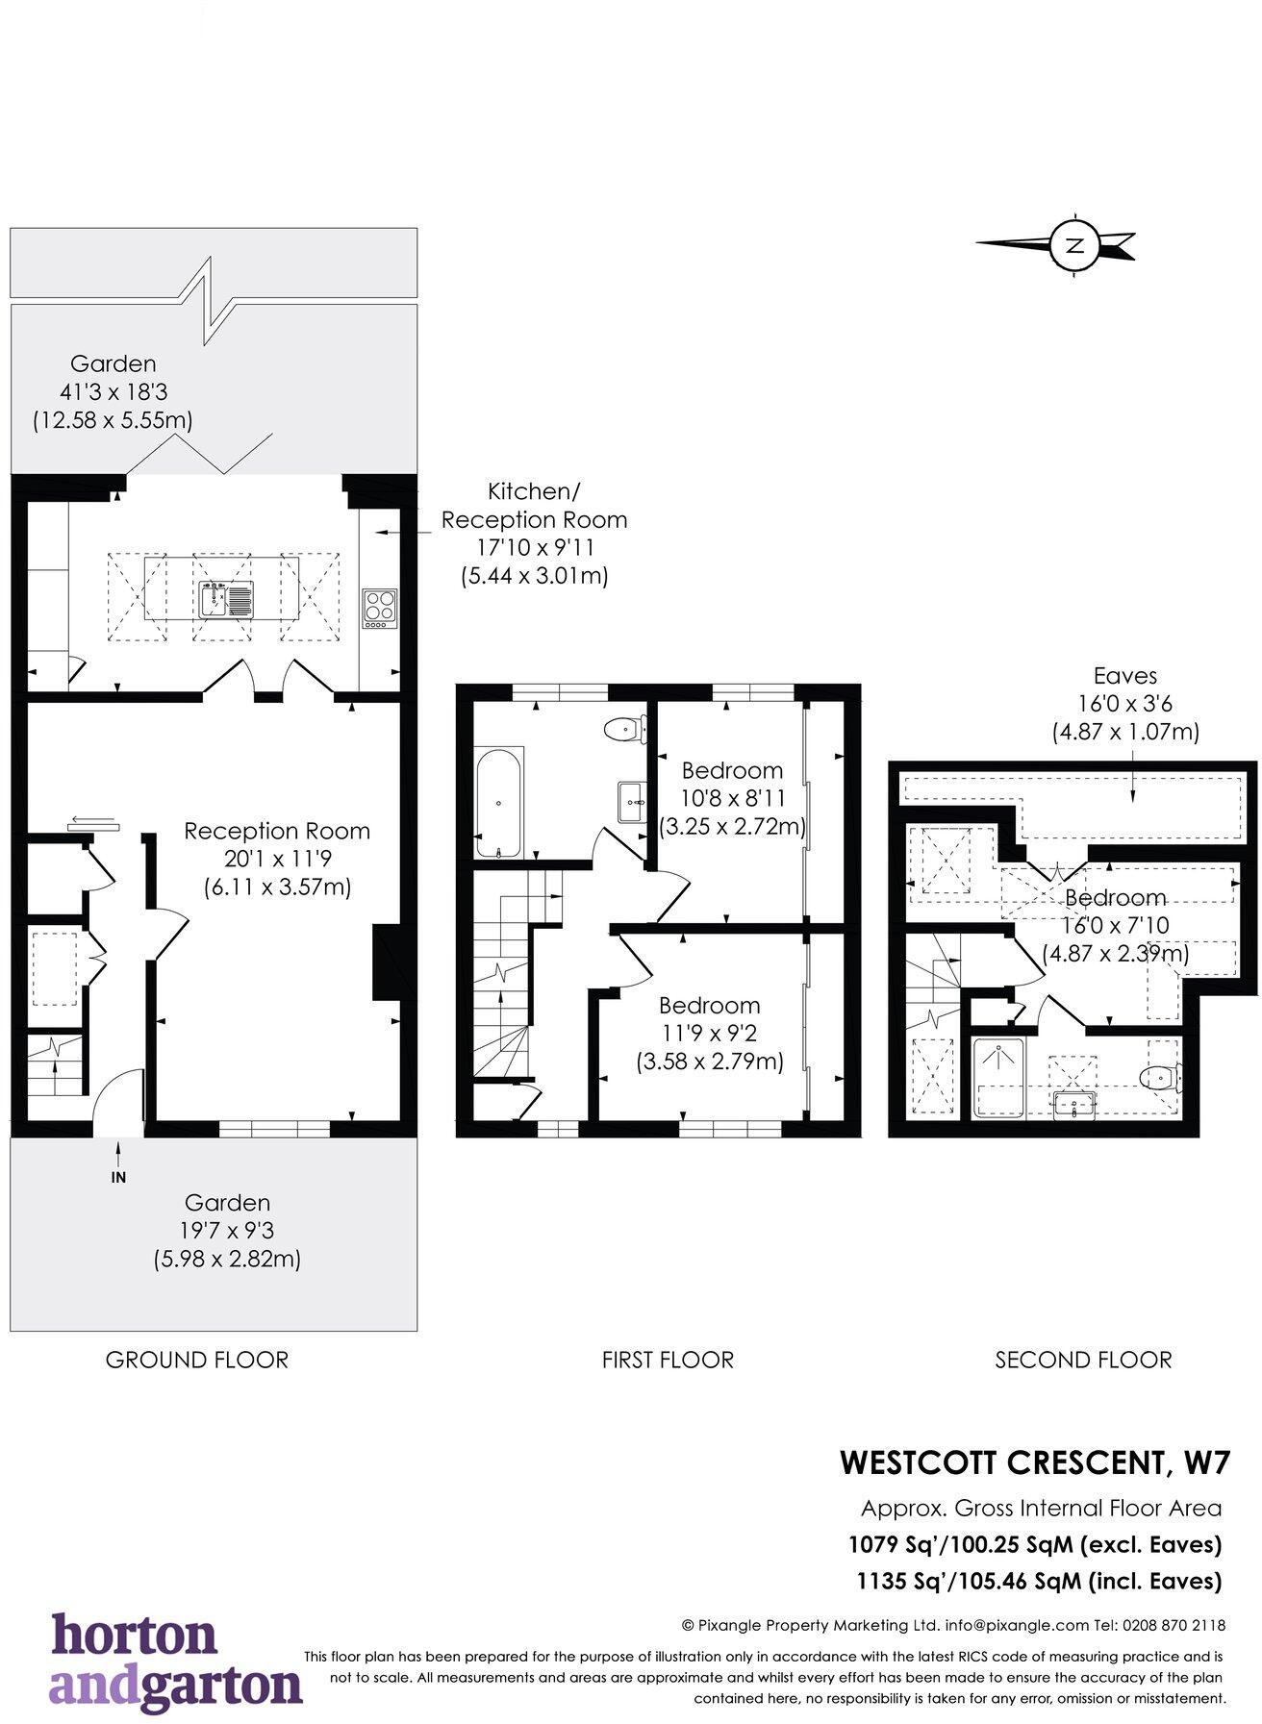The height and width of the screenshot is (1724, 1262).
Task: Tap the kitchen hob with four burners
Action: [x=380, y=609]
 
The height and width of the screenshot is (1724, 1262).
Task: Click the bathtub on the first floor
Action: [x=498, y=802]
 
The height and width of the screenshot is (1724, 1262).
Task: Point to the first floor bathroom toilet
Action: [x=625, y=730]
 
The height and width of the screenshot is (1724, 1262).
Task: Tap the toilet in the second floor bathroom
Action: [x=1161, y=1076]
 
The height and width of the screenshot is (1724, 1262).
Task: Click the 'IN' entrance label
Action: [x=118, y=1177]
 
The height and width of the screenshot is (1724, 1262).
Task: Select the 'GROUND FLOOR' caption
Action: [x=197, y=1360]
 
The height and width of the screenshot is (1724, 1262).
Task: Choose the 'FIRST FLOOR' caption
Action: [x=668, y=1360]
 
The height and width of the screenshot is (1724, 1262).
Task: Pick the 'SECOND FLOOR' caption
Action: [x=1083, y=1360]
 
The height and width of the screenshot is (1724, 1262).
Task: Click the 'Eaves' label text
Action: [x=1124, y=676]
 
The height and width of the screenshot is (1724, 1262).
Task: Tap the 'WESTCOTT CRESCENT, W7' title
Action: [x=1035, y=1462]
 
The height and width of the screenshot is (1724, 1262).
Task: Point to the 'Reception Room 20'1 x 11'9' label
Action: [x=277, y=859]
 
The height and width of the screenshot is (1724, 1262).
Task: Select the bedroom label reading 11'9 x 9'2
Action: [x=710, y=1034]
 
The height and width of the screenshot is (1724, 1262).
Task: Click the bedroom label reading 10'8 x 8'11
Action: [x=732, y=798]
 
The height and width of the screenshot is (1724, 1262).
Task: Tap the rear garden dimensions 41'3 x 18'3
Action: [x=114, y=392]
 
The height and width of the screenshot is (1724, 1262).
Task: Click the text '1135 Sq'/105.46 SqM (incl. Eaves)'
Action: [x=1039, y=1580]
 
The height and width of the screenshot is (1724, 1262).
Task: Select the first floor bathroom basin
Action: [x=633, y=802]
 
